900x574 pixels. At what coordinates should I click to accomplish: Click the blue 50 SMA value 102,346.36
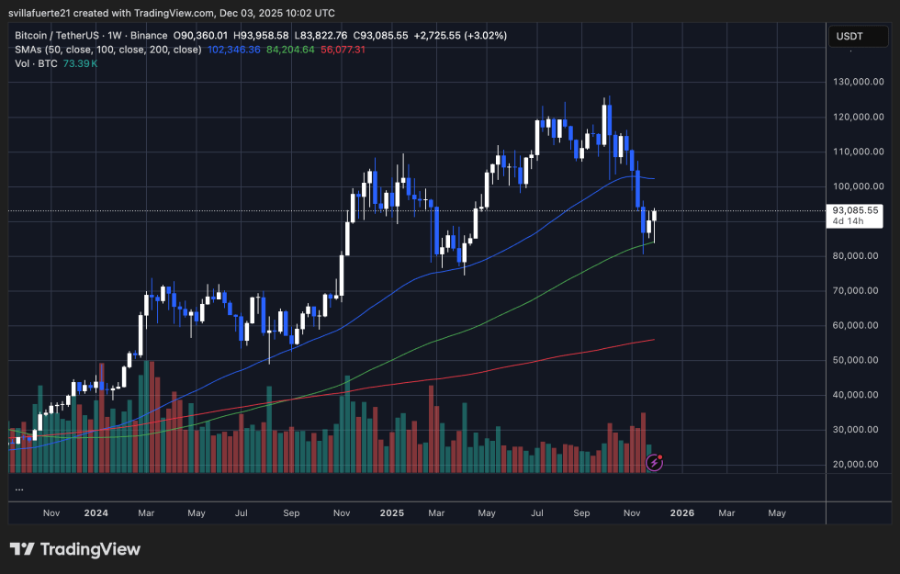click(x=234, y=49)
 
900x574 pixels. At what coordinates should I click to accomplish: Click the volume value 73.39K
click(x=80, y=62)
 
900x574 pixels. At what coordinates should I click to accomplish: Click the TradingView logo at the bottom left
click(x=75, y=549)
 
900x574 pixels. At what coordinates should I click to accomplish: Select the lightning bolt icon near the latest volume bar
click(x=655, y=464)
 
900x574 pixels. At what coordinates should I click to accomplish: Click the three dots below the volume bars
click(x=18, y=490)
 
